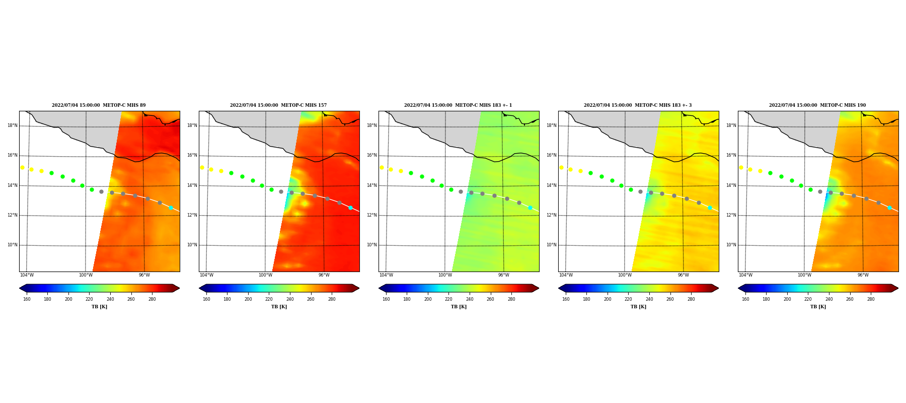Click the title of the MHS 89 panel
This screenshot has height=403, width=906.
tap(99, 105)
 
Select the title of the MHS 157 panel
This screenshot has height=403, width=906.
tap(278, 105)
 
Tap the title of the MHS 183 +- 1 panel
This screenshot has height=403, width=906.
tap(458, 105)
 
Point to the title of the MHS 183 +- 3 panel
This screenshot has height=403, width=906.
tap(638, 105)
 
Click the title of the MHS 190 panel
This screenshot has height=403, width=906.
tap(817, 105)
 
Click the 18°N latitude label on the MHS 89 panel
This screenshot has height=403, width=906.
tap(13, 125)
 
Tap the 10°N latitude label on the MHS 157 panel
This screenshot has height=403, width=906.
tap(192, 245)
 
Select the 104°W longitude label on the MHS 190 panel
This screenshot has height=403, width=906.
tap(745, 275)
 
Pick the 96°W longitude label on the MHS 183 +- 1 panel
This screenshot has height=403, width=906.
tap(504, 275)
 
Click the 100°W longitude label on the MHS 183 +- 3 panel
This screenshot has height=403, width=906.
tap(625, 275)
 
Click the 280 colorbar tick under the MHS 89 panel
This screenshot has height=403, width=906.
tap(152, 299)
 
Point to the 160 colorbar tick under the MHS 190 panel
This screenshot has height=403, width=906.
tap(745, 299)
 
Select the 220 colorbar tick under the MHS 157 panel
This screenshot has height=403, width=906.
tap(269, 299)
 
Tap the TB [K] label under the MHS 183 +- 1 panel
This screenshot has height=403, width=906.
tap(459, 307)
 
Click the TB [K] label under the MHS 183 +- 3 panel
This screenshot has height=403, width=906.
tap(638, 307)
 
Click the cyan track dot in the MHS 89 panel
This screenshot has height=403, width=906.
tap(171, 208)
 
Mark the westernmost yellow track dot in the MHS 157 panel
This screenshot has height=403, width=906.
tap(202, 167)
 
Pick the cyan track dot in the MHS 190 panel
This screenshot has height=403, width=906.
tap(889, 208)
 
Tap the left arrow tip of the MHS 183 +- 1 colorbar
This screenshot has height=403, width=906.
tap(379, 288)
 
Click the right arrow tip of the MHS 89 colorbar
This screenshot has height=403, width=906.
tap(179, 288)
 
